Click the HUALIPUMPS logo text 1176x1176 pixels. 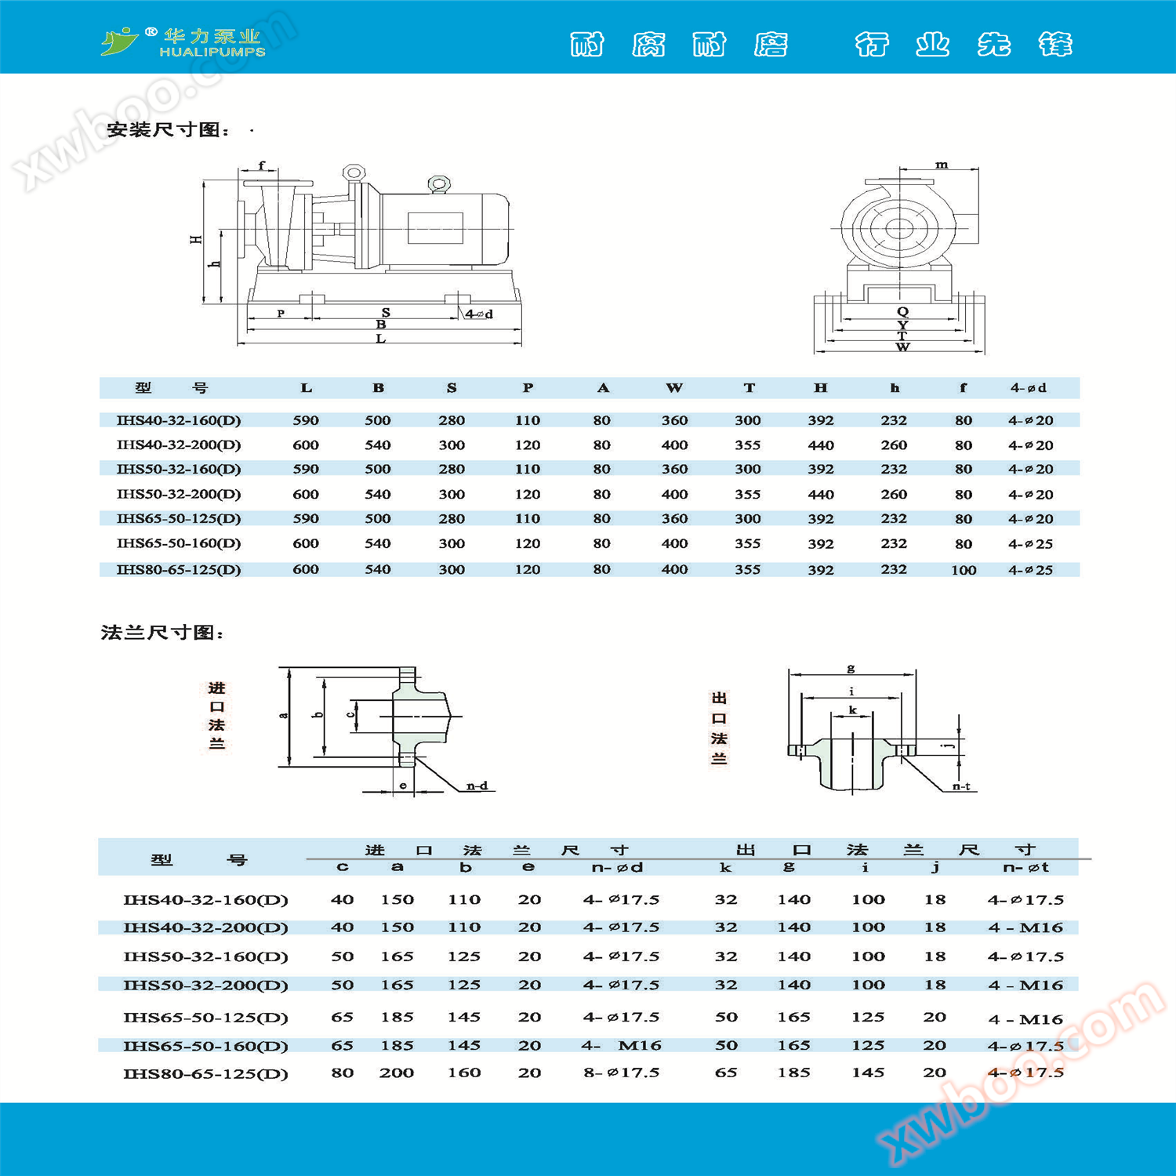[212, 52]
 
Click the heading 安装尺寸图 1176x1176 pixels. [169, 130]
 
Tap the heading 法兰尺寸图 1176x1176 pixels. [163, 633]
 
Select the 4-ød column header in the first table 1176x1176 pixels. [1028, 388]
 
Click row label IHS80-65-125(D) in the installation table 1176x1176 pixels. [179, 570]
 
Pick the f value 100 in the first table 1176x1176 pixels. [964, 570]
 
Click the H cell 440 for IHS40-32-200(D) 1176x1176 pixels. [821, 445]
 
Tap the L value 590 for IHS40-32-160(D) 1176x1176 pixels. [306, 420]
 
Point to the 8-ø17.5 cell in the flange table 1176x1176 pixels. [621, 1073]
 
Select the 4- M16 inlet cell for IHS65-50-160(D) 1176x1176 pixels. [621, 1045]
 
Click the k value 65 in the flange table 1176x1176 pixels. [726, 1073]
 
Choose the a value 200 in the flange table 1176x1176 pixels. [397, 1073]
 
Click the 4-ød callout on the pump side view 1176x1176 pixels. [479, 314]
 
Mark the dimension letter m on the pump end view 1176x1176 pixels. [942, 165]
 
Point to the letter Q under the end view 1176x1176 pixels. [902, 312]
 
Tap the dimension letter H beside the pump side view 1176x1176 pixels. [196, 239]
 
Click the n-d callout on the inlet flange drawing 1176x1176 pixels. [477, 786]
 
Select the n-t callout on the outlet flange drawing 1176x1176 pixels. [961, 786]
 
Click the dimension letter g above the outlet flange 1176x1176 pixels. [851, 669]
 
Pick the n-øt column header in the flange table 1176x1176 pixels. [1025, 867]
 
